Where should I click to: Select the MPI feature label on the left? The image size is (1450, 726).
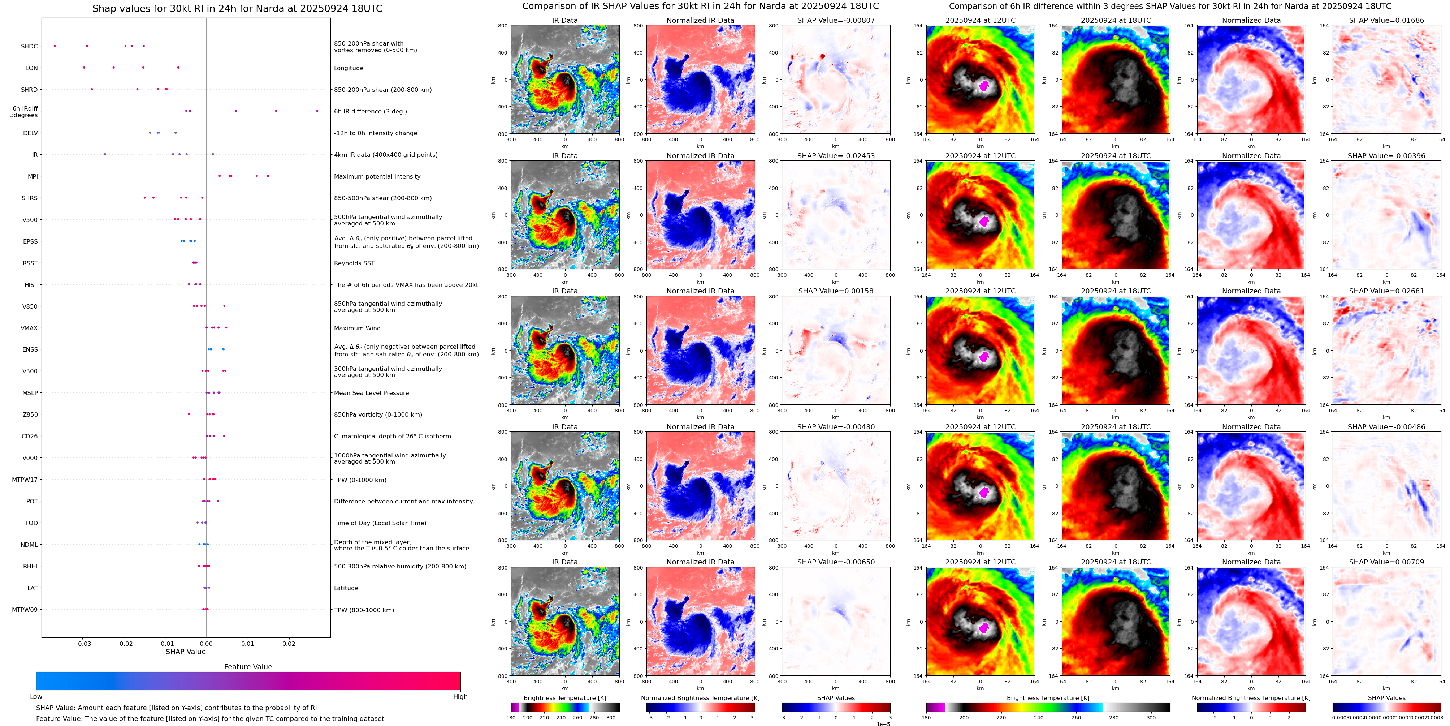[x=33, y=176]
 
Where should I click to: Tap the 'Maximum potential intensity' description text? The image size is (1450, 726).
[x=377, y=176]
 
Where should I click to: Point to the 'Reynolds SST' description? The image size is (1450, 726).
[x=354, y=263]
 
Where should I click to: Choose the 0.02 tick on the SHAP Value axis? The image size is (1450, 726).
[x=289, y=643]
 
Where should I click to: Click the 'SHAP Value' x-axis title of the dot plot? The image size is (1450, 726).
[x=185, y=652]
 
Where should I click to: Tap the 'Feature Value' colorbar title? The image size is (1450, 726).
[x=248, y=667]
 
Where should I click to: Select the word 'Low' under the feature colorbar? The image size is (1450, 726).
[x=36, y=697]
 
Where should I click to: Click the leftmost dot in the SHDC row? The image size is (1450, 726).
[x=55, y=46]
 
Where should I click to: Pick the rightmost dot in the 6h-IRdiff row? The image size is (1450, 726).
[x=317, y=111]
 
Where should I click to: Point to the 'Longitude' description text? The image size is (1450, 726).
[x=349, y=68]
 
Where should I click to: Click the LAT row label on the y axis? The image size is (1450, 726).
[x=33, y=588]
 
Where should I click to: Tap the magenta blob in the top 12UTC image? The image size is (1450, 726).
[x=984, y=86]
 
